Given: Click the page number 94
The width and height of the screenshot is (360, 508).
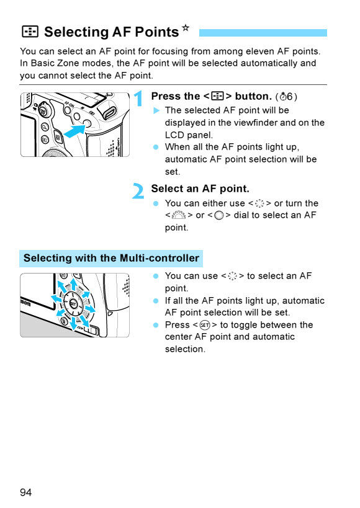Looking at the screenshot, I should [25, 492].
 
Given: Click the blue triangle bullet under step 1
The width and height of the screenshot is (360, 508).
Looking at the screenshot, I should [156, 110].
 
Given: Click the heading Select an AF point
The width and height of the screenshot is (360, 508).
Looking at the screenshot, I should [200, 189].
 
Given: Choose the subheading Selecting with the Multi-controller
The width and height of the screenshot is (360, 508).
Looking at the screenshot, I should [111, 258].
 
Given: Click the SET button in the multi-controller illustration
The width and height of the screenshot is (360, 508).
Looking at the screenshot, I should [73, 304].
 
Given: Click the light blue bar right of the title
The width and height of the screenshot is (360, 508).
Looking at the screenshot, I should [263, 32].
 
